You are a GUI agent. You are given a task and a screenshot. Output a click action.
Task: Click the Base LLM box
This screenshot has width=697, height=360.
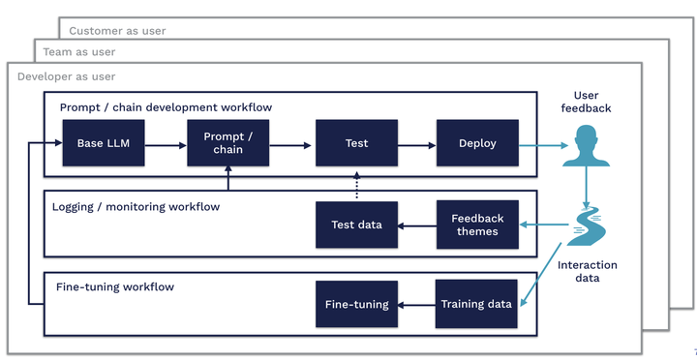104,143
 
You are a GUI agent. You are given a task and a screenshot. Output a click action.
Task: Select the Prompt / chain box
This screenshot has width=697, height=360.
228,143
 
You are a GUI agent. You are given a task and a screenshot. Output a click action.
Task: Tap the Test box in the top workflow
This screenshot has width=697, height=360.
356,143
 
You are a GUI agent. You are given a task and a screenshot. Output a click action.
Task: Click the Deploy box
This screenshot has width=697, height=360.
477,143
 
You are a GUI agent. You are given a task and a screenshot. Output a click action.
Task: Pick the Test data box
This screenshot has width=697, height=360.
356,225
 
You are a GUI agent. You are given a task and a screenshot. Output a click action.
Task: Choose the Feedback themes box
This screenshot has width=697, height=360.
477,225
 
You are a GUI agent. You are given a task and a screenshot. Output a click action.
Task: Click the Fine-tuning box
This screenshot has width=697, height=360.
356,304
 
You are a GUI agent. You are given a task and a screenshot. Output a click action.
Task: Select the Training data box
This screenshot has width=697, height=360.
476,304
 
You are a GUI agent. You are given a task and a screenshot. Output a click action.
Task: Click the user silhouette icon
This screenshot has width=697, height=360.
586,145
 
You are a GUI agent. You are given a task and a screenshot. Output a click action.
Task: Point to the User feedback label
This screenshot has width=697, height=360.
586,102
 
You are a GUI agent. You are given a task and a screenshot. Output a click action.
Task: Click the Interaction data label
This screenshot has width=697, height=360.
588,271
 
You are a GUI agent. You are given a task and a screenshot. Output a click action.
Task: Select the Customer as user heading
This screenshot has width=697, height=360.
117,31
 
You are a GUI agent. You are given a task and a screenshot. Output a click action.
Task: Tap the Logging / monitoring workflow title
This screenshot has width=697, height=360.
136,206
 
